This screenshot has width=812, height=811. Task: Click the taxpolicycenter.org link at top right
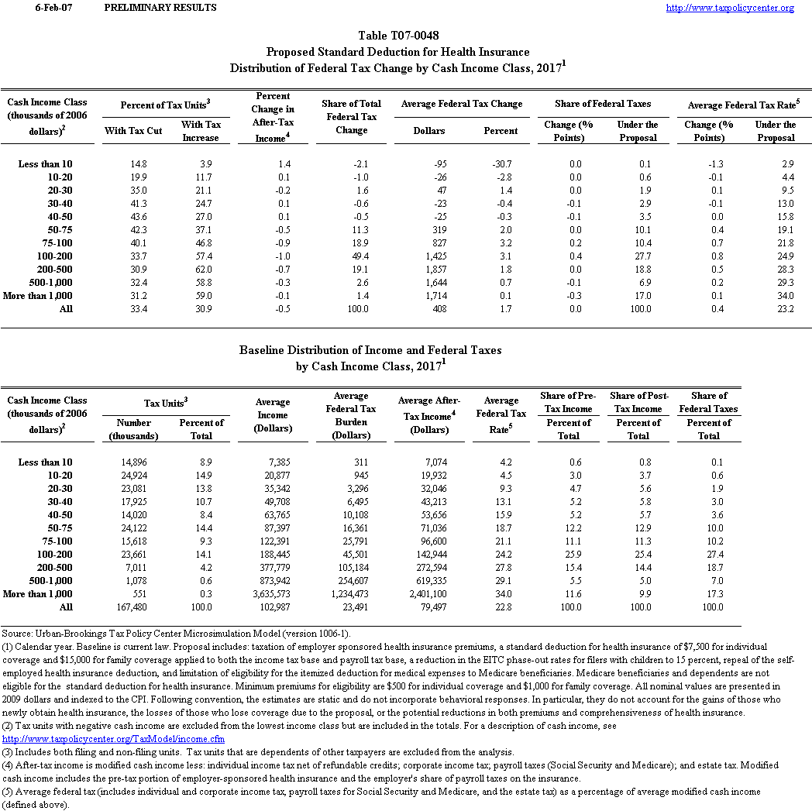730,8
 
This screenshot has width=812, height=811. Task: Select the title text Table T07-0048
397,36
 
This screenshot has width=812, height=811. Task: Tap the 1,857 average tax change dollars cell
435,269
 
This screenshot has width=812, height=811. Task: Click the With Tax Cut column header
133,131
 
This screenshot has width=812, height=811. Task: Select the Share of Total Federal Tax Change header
351,117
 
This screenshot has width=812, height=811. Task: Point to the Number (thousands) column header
133,429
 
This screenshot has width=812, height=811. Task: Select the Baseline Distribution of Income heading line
370,350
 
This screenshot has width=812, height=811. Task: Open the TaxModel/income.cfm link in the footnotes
113,739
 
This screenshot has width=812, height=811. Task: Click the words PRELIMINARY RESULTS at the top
160,8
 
